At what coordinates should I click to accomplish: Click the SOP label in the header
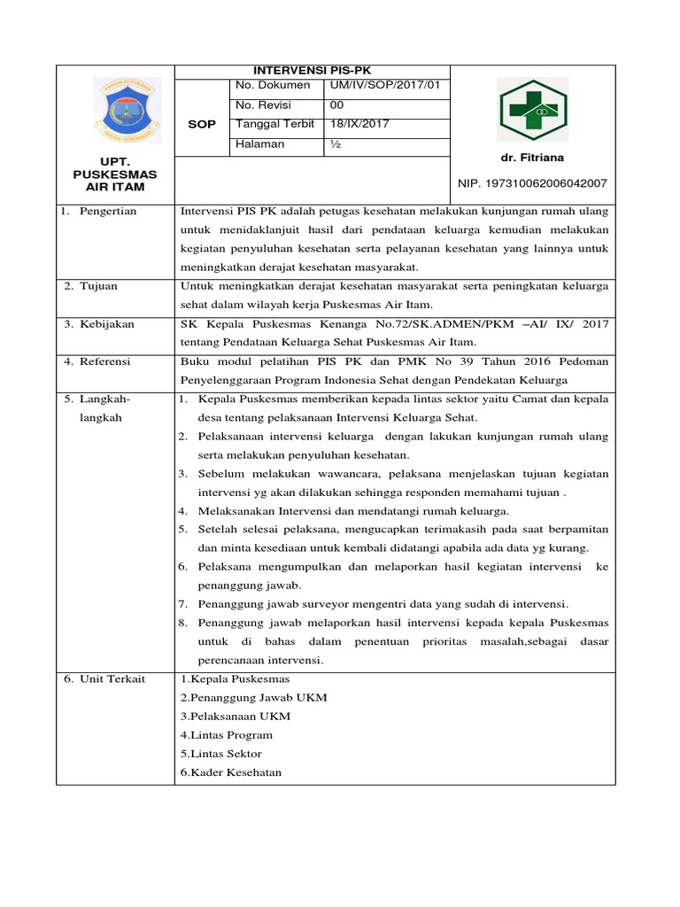click(x=202, y=125)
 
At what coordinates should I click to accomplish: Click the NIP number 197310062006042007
click(x=532, y=183)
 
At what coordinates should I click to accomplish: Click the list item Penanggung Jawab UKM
click(x=253, y=697)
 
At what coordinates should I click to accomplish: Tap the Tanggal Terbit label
click(x=275, y=124)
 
